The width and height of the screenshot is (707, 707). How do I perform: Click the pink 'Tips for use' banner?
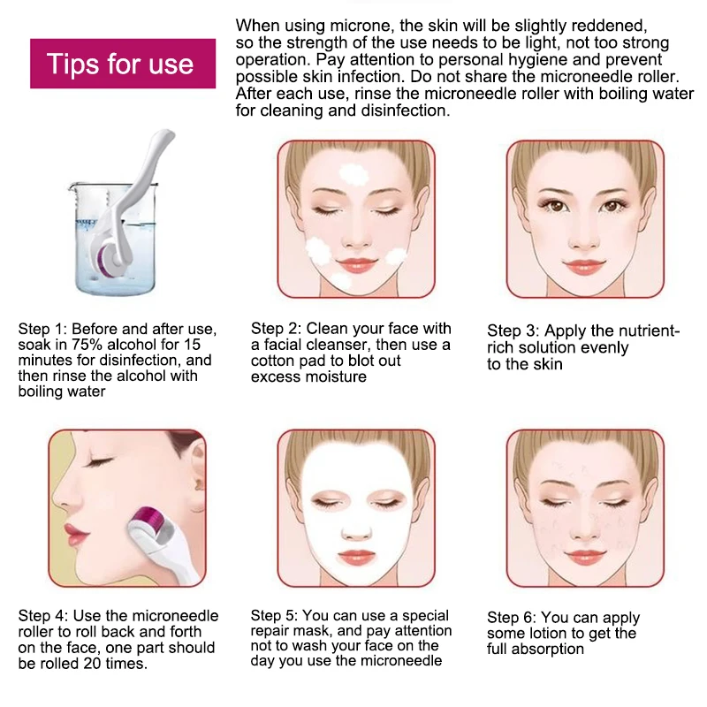123,64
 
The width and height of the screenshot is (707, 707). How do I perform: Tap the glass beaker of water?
113,238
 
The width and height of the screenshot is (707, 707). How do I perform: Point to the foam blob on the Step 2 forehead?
353,173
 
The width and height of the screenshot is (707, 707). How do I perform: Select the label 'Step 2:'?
276,328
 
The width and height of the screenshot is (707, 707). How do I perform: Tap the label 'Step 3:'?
513,331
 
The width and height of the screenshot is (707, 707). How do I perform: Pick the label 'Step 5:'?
274,615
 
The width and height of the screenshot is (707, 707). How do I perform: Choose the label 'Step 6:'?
512,617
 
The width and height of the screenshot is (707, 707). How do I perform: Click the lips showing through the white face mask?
356,557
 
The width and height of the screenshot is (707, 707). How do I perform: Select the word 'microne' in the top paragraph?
361,26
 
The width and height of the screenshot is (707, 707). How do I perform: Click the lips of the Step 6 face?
585,557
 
